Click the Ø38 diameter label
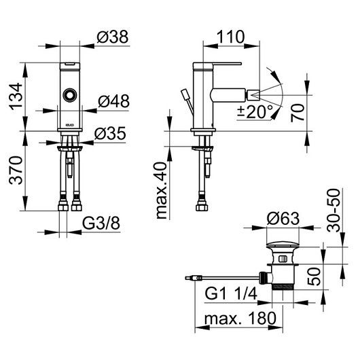(x=113, y=37)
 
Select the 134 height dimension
(x=16, y=96)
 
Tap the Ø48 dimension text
(x=114, y=101)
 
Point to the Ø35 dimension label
(x=110, y=133)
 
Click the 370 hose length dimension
(x=16, y=170)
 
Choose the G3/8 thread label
(x=101, y=223)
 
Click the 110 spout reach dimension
(x=231, y=37)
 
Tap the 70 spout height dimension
(x=298, y=113)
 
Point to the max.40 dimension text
(x=161, y=190)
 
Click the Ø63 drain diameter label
(x=283, y=219)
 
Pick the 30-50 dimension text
(x=333, y=211)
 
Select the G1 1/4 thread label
(x=231, y=293)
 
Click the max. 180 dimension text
(x=240, y=319)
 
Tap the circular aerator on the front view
(x=70, y=95)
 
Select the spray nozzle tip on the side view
(x=253, y=95)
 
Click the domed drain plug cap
(x=283, y=244)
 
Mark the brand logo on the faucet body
(x=70, y=125)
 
